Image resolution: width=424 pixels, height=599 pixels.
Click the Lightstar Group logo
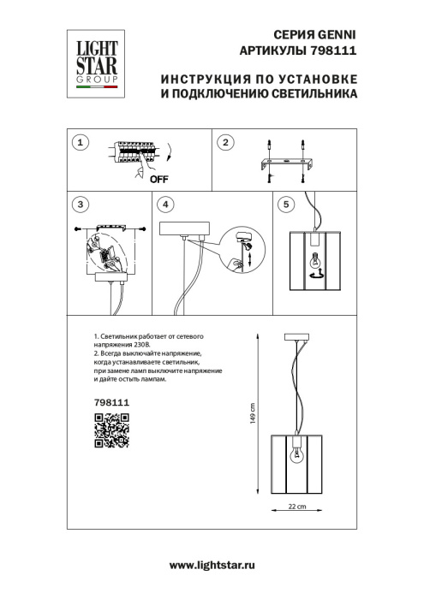click(93, 58)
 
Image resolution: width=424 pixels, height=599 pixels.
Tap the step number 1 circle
click(80, 143)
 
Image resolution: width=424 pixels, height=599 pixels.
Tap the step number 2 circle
click(224, 143)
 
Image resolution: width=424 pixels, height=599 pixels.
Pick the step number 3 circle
click(80, 205)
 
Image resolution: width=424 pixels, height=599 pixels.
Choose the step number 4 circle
click(165, 205)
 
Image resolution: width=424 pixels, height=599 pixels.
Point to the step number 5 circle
click(285, 205)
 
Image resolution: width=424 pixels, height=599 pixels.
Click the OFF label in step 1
click(158, 180)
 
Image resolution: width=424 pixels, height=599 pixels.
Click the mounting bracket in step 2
click(286, 162)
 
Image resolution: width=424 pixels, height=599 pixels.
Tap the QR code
click(110, 429)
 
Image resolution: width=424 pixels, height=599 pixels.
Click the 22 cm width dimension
click(297, 508)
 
